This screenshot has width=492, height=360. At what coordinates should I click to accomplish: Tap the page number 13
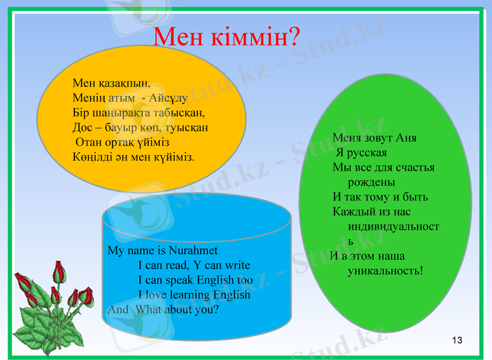pyautogui.click(x=456, y=340)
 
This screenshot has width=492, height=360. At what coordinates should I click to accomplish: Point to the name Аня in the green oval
pyautogui.click(x=407, y=137)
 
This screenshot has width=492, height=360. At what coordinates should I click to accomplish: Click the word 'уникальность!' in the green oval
pyautogui.click(x=386, y=270)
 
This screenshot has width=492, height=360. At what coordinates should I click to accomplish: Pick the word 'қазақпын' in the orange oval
pyautogui.click(x=122, y=82)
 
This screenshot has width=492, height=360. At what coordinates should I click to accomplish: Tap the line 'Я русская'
pyautogui.click(x=362, y=152)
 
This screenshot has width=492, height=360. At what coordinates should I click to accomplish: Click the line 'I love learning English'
pyautogui.click(x=194, y=295)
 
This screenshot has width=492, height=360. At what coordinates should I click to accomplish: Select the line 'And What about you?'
pyautogui.click(x=163, y=310)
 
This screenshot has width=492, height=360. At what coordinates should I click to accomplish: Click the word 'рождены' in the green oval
pyautogui.click(x=371, y=182)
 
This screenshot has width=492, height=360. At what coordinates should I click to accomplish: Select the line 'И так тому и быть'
pyautogui.click(x=380, y=197)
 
